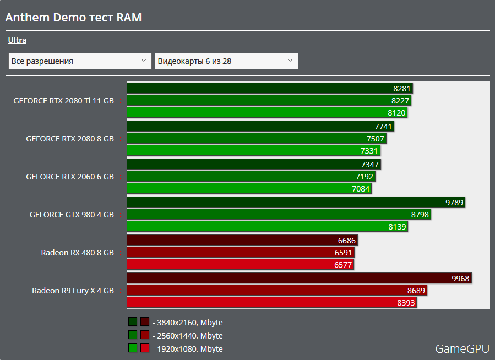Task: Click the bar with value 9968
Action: [299, 278]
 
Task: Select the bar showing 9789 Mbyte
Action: [296, 202]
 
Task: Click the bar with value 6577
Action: [240, 265]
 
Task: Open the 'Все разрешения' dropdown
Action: [80, 61]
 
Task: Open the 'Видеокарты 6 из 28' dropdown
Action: [226, 61]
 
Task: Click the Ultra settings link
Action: [17, 40]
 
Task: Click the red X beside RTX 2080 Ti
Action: [118, 101]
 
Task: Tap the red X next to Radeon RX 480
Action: [118, 253]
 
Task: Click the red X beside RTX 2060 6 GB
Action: [118, 177]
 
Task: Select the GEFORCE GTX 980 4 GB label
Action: [72, 215]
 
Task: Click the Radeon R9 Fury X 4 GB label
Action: [73, 291]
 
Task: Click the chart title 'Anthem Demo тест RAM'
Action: [74, 18]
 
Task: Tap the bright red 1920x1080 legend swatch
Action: [145, 348]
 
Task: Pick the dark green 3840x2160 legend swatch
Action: [133, 322]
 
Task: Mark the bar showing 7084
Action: [249, 189]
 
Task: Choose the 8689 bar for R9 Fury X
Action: [277, 290]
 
